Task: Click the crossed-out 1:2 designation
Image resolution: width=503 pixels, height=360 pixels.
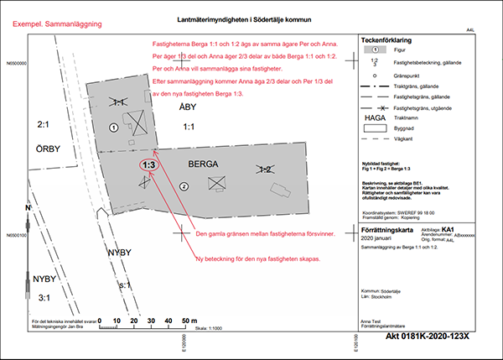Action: pos(265,169)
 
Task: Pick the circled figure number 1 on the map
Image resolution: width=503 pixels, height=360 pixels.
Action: pos(112,128)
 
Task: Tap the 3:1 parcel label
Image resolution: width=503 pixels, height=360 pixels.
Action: pos(42,297)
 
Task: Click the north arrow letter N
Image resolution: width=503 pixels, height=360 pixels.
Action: pos(28,207)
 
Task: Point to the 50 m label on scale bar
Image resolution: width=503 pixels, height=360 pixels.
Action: pos(187,321)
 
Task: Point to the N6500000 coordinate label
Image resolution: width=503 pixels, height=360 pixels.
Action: pos(20,63)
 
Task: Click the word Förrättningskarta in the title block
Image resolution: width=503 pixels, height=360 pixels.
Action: pos(387,228)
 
